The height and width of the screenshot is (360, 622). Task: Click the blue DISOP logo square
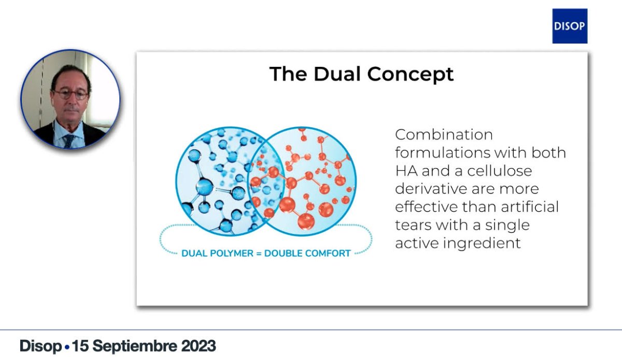tap(570, 26)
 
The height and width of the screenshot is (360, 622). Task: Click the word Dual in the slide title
tap(337, 74)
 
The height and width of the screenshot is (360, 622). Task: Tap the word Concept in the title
tap(411, 75)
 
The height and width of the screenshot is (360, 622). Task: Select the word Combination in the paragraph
tap(444, 134)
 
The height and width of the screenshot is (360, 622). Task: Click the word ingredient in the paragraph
tap(482, 243)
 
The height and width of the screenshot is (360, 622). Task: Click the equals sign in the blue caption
tap(259, 254)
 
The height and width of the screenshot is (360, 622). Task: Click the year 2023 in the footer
tap(198, 346)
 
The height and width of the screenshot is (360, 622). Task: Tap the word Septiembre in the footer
tap(135, 347)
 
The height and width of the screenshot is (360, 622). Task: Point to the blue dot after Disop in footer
tap(67, 347)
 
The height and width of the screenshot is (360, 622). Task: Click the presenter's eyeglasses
tap(70, 95)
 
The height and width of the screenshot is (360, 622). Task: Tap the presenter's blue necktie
tap(69, 141)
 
